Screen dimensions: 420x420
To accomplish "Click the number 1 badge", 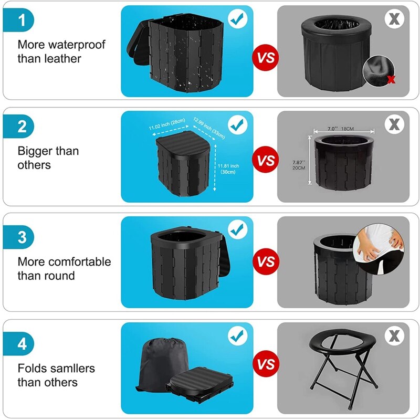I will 22,21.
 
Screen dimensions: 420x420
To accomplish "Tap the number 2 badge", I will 22,127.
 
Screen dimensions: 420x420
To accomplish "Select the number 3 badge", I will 22,236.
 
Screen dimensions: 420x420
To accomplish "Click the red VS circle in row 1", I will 267,58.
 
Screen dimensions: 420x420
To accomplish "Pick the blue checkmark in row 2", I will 238,125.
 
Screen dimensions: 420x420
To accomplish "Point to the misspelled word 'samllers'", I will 66,368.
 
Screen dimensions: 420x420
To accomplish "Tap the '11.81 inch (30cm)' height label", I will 229,169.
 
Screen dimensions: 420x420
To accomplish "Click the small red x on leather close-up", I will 391,79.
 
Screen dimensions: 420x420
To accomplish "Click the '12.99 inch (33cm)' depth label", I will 209,128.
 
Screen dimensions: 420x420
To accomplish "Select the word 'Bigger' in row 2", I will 36,151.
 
